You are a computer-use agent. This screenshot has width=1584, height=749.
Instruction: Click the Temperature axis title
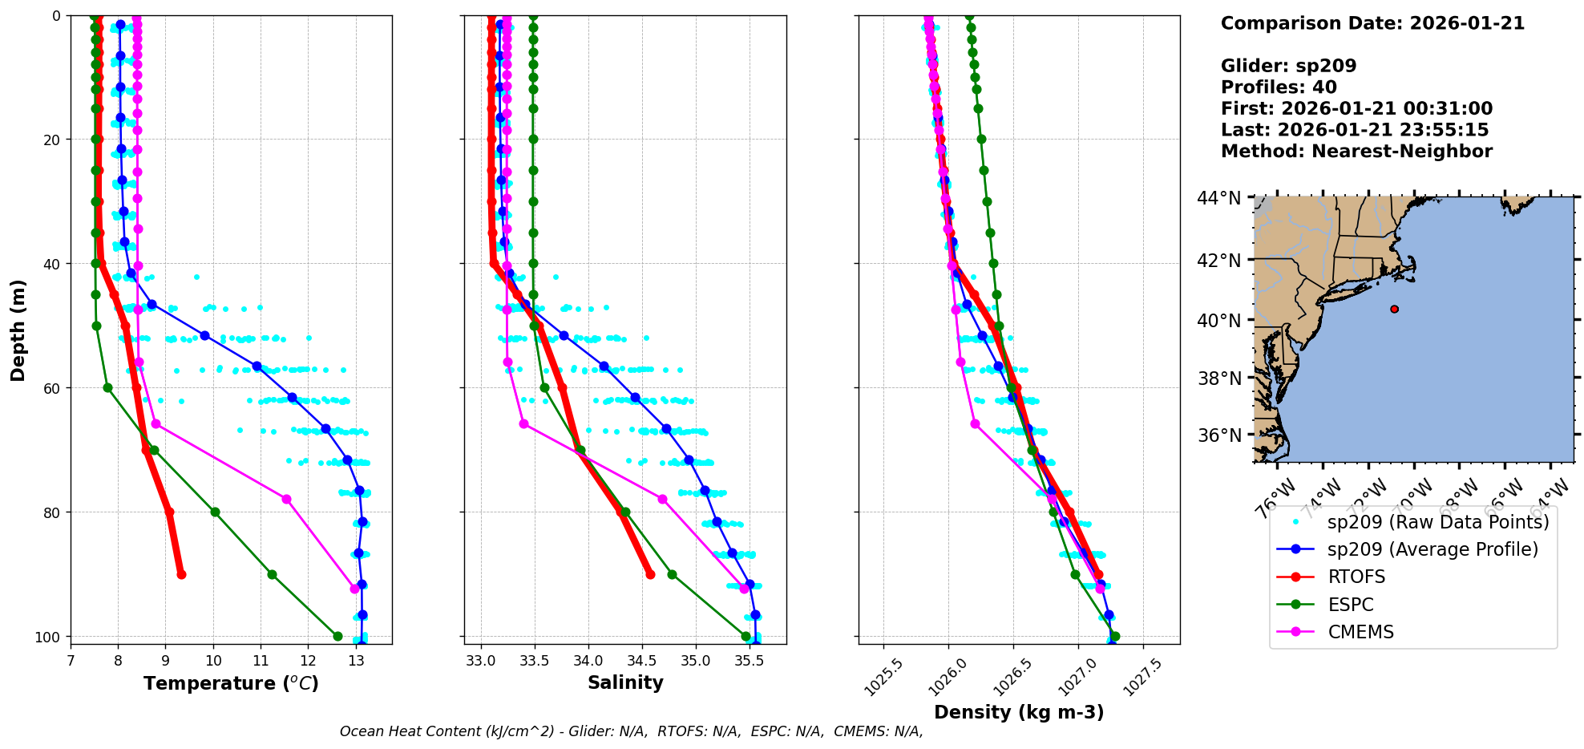231,683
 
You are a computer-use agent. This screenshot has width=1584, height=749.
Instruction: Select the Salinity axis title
625,683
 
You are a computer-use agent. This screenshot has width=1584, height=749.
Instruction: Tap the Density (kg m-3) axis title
1019,712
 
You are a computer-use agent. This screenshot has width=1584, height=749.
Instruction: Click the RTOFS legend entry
1356,577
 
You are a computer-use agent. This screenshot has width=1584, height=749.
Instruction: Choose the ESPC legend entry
1350,605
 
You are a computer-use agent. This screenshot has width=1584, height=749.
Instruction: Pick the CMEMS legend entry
1360,633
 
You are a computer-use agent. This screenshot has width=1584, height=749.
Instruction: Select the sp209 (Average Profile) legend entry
1432,549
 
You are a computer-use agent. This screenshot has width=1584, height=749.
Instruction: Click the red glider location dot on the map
1394,309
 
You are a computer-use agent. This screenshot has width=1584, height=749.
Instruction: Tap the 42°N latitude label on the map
1218,261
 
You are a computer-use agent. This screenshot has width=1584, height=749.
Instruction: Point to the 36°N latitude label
1218,435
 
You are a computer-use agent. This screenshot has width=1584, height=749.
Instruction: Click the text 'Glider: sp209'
1288,66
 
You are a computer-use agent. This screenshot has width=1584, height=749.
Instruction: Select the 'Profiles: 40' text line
1279,87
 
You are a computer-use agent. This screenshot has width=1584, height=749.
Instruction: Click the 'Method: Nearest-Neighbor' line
1356,152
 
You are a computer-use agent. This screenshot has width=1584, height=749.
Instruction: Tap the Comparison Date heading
1372,23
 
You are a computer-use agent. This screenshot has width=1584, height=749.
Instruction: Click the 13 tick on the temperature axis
356,662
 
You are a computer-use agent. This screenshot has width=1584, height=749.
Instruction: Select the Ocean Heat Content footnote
631,731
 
